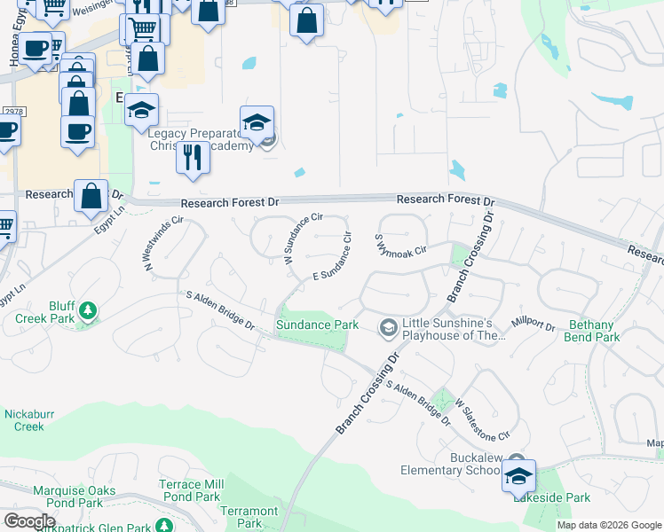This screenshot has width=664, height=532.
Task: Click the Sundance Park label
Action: (317, 325)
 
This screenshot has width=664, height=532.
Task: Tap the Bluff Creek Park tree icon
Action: (88, 310)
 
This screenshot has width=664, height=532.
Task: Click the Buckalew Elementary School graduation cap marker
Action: (518, 476)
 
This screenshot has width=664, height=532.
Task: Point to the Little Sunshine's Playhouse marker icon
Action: (388, 328)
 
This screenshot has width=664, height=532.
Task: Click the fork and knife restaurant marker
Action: (193, 156)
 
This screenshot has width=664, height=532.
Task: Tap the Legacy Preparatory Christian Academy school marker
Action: (257, 123)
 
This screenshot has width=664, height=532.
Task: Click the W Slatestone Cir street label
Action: (483, 420)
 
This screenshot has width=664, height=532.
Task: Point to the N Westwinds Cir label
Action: (162, 244)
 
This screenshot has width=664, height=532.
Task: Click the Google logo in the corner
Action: (29, 520)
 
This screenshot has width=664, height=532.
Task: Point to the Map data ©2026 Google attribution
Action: (610, 525)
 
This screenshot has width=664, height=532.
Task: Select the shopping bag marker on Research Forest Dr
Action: (91, 196)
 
